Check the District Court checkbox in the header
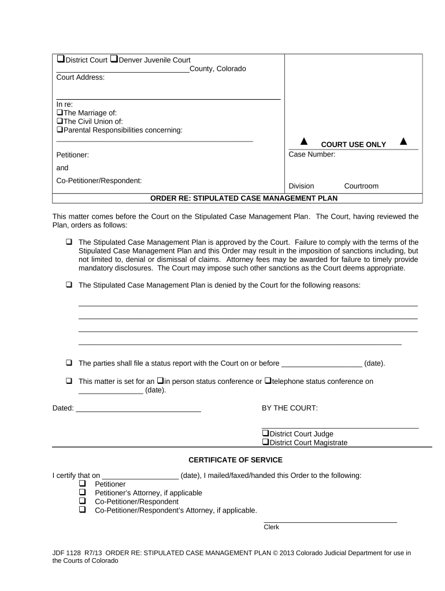60,59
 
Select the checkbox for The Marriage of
60,113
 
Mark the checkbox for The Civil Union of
60,122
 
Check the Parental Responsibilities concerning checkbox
60,130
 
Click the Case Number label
311,155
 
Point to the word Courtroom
361,186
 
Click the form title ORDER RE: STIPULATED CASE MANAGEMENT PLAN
243,198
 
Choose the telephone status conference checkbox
268,381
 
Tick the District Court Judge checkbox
265,434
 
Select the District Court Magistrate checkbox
265,443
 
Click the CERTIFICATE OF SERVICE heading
236,460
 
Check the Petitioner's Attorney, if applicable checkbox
82,493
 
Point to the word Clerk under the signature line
271,527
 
